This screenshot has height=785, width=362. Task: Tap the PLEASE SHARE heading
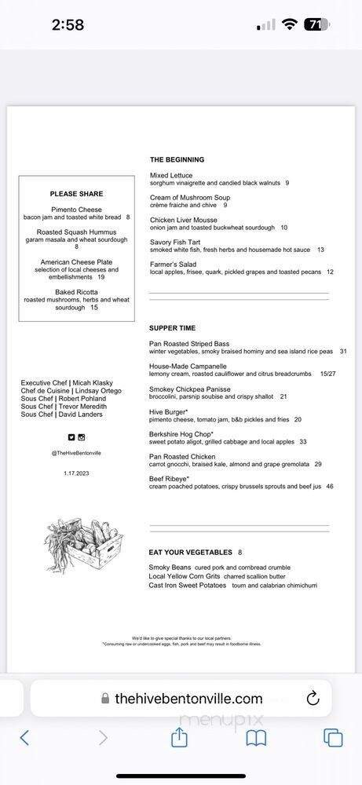pyautogui.click(x=76, y=194)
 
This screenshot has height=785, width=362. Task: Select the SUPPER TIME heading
pyautogui.click(x=172, y=328)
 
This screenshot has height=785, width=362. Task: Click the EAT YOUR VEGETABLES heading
pyautogui.click(x=190, y=552)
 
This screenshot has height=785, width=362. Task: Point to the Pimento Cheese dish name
pyautogui.click(x=76, y=210)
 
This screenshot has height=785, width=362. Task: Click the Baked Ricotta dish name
pyautogui.click(x=76, y=292)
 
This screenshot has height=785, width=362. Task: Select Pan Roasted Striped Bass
pyautogui.click(x=189, y=344)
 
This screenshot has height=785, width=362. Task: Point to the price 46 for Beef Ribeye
pyautogui.click(x=330, y=487)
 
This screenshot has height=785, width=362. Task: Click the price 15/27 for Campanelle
pyautogui.click(x=327, y=374)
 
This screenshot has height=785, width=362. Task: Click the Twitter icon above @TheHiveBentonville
pyautogui.click(x=71, y=437)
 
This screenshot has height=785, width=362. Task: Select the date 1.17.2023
pyautogui.click(x=76, y=473)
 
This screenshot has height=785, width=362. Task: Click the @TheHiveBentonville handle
pyautogui.click(x=76, y=453)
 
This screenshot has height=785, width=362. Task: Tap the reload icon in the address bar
pyautogui.click(x=312, y=698)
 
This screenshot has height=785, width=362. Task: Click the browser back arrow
pyautogui.click(x=24, y=737)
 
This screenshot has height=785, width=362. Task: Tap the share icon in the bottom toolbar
pyautogui.click(x=179, y=737)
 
